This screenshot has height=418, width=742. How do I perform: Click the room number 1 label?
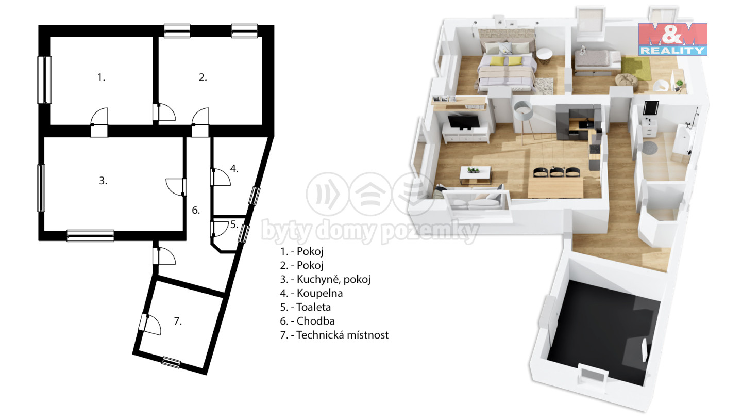[x=101, y=77]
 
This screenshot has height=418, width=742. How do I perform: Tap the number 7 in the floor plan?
[x=178, y=321]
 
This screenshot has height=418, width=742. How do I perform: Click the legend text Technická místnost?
[x=334, y=335]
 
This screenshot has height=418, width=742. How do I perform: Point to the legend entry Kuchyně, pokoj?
[x=325, y=279]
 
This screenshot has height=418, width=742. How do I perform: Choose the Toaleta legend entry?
[x=306, y=307]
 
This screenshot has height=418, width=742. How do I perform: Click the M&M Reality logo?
[x=673, y=39]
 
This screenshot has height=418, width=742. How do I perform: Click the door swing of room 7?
[x=151, y=324]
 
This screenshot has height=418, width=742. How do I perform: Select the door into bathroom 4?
[x=221, y=177]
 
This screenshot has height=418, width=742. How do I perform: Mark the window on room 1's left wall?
[x=44, y=80]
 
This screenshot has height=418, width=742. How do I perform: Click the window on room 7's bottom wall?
[x=171, y=362]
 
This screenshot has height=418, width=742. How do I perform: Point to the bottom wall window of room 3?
[x=91, y=235]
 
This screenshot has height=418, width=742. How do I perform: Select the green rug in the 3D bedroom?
[x=635, y=68]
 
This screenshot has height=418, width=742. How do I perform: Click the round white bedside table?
[x=544, y=55]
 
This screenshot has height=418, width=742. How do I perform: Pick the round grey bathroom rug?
[x=650, y=148]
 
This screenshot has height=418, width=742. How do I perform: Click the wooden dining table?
[x=555, y=188]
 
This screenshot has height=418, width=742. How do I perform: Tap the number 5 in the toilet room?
[x=234, y=224]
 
